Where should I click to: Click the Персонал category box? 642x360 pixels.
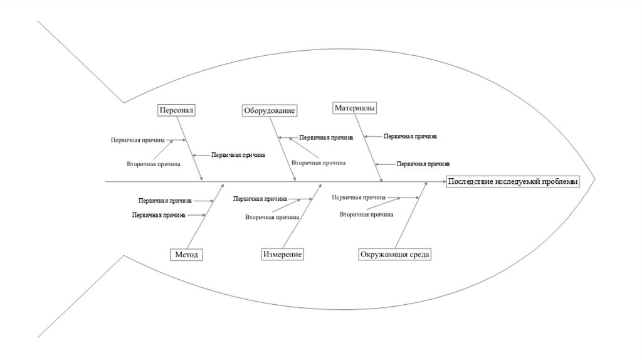point(177,110)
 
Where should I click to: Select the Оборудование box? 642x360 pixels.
point(269,110)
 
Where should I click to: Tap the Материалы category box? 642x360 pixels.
point(355,108)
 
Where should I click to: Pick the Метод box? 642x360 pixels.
point(187,255)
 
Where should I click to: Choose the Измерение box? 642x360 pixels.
point(283,255)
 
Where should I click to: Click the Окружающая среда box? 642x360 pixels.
point(396,255)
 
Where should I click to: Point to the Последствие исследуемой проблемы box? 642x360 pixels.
point(513,181)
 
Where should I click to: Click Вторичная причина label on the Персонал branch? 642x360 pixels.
point(154,164)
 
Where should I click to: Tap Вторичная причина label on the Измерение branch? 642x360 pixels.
point(271,217)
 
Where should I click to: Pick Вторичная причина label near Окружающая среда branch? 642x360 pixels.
point(367,214)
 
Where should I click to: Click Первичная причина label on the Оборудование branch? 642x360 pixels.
point(325,137)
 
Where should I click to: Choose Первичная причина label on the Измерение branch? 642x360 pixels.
point(260,199)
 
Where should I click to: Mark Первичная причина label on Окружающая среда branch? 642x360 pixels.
point(359,196)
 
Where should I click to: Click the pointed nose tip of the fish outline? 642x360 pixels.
point(595,179)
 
